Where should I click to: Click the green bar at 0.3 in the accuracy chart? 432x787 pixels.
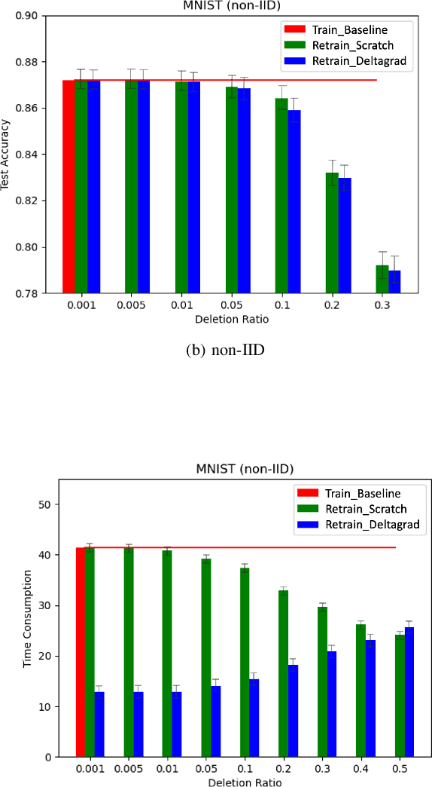382,279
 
